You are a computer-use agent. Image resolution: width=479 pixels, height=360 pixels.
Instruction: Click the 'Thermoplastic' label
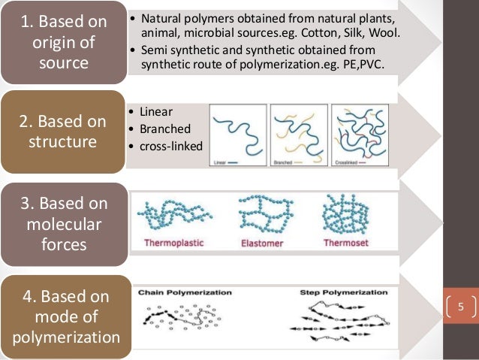coord(177,243)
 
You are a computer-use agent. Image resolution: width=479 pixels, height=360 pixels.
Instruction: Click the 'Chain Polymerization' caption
coord(185,292)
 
